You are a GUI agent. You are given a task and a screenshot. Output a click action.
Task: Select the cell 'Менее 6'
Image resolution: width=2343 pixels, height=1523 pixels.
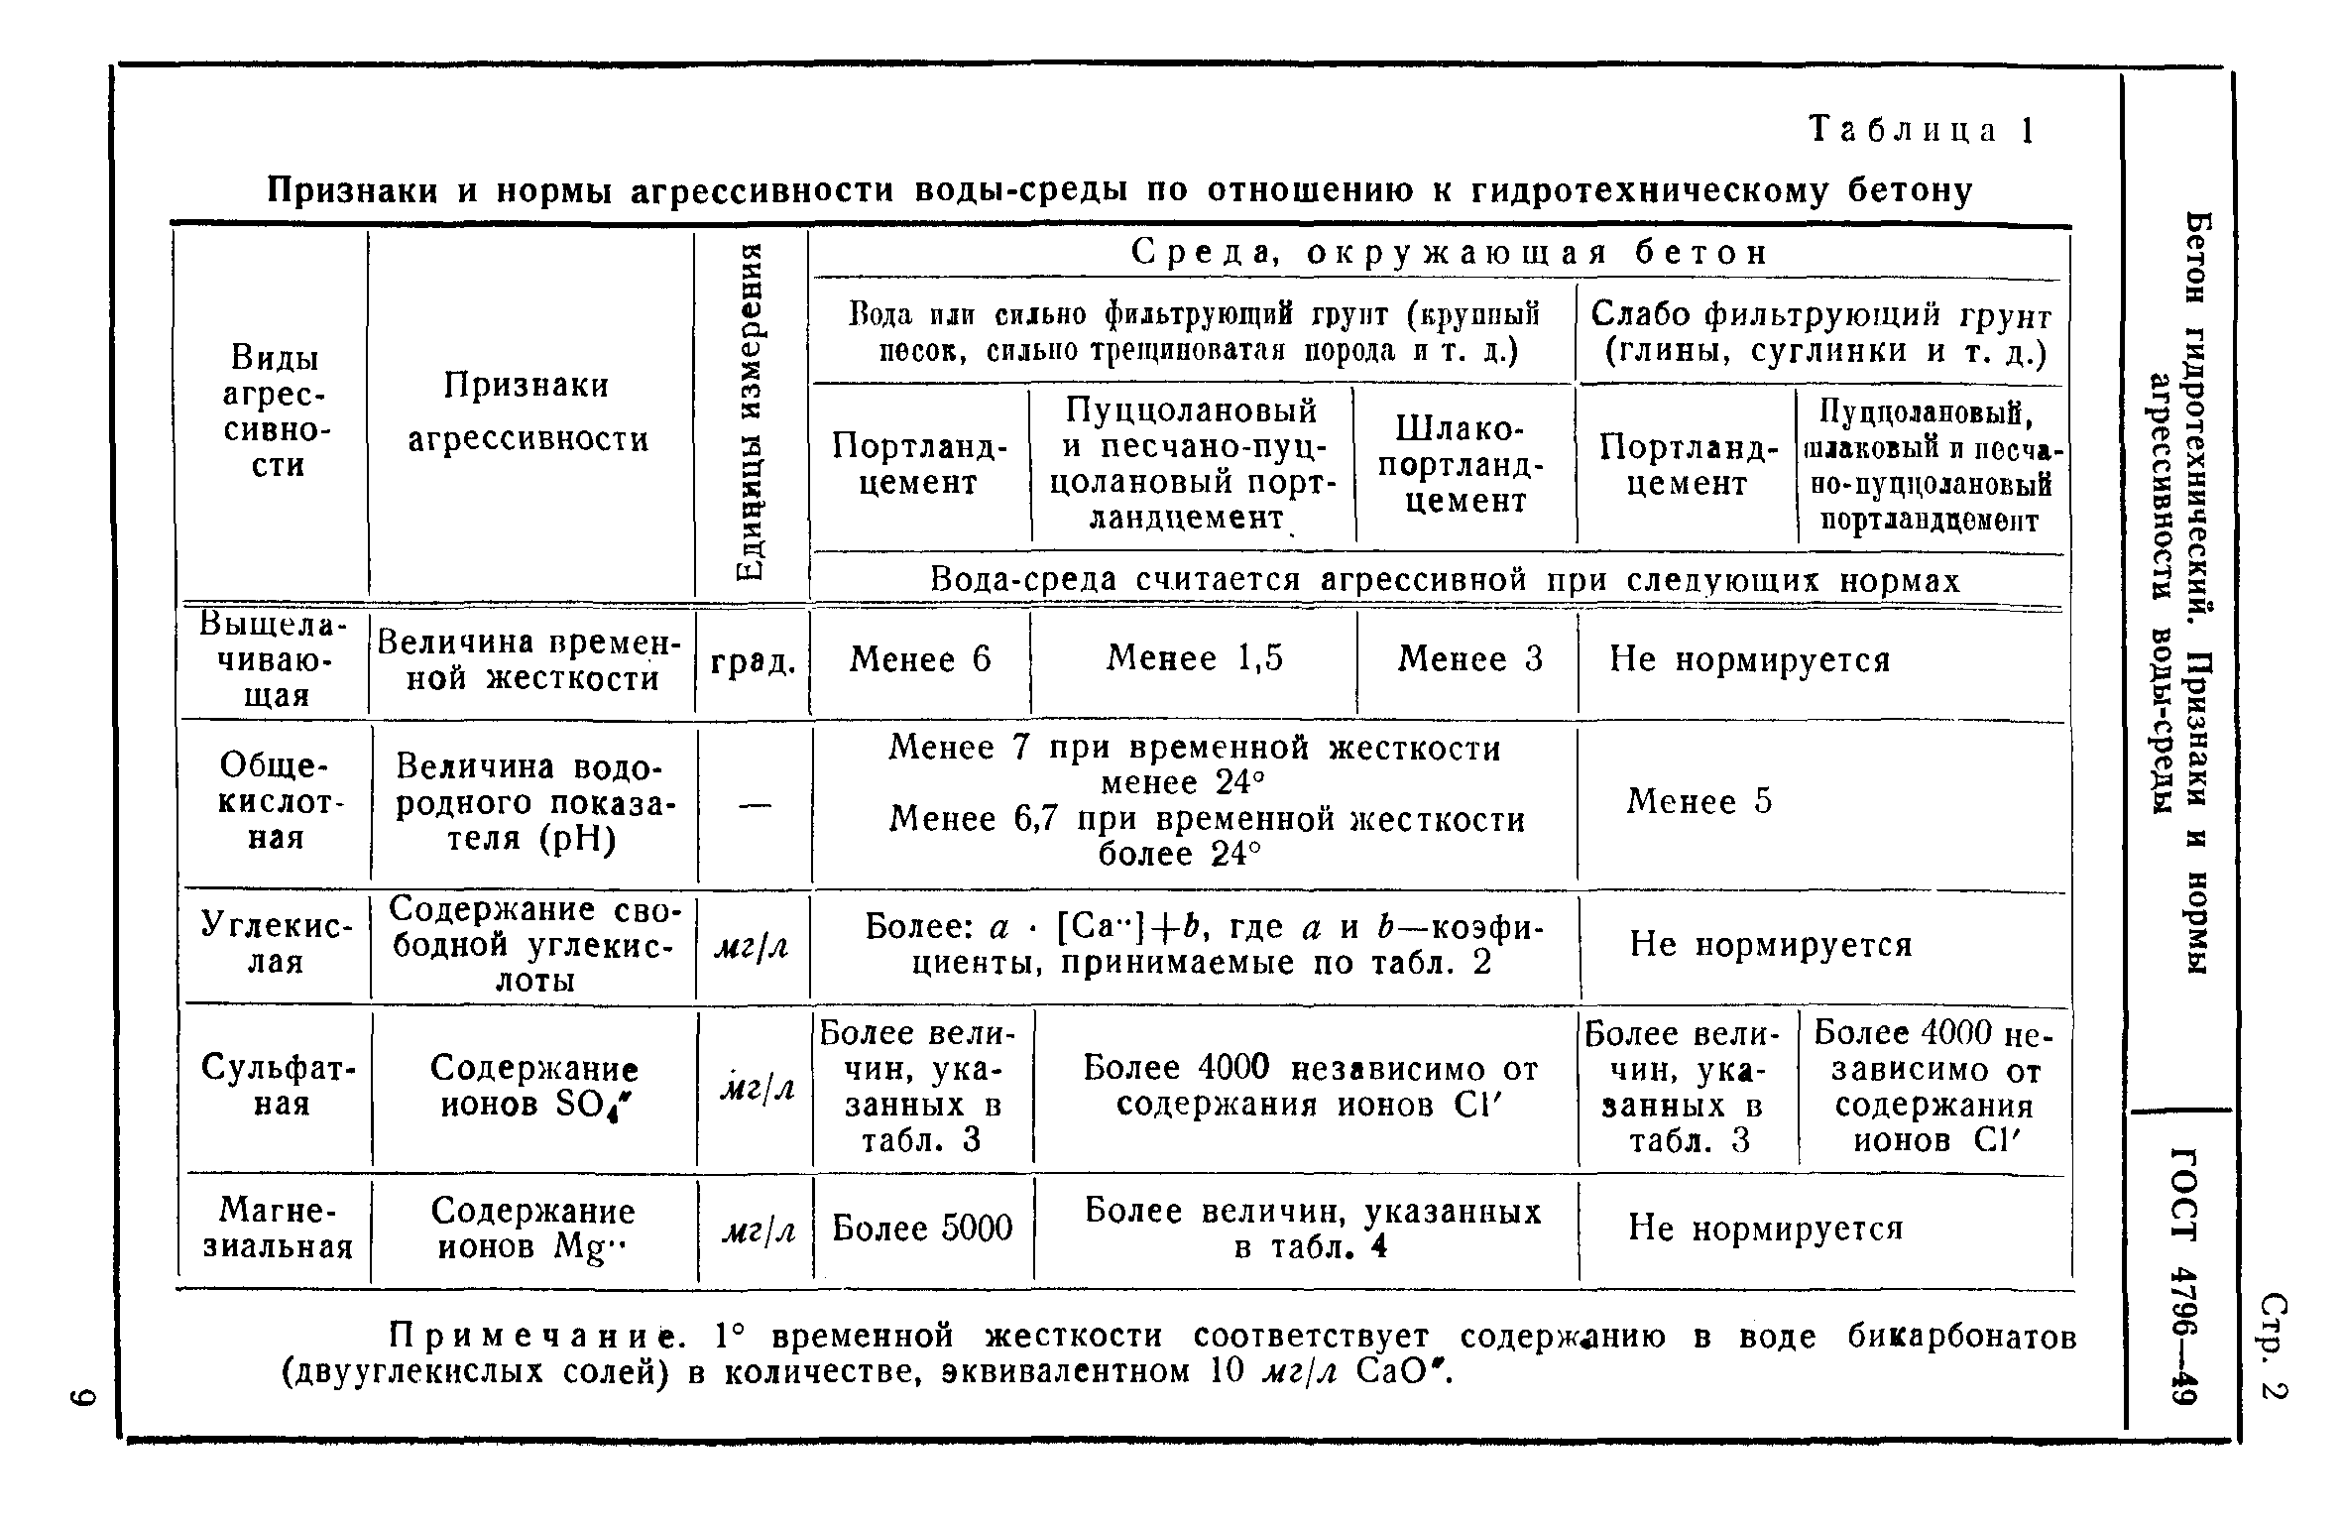pos(919,659)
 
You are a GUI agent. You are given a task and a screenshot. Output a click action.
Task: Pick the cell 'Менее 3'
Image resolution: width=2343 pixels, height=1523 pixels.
pos(1469,659)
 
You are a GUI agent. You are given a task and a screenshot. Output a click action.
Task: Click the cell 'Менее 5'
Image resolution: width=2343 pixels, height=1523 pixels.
pos(1699,801)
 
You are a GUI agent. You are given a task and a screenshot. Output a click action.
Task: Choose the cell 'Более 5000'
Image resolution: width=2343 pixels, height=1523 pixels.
pos(922,1229)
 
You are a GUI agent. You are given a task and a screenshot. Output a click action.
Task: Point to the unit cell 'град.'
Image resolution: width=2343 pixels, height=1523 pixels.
pos(754,662)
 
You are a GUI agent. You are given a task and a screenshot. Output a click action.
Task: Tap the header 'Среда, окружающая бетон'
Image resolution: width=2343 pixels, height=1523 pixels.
pos(1450,253)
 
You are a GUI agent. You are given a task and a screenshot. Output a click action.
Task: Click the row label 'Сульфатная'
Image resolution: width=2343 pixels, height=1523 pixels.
pos(278,1086)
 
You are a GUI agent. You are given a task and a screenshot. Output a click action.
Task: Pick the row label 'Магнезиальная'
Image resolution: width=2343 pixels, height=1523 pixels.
pos(278,1228)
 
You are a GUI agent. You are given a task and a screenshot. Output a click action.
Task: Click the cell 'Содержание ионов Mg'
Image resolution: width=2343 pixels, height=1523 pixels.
pos(533,1228)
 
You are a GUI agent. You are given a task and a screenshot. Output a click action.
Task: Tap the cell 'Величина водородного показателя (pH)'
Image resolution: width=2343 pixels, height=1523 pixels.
pos(533,801)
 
